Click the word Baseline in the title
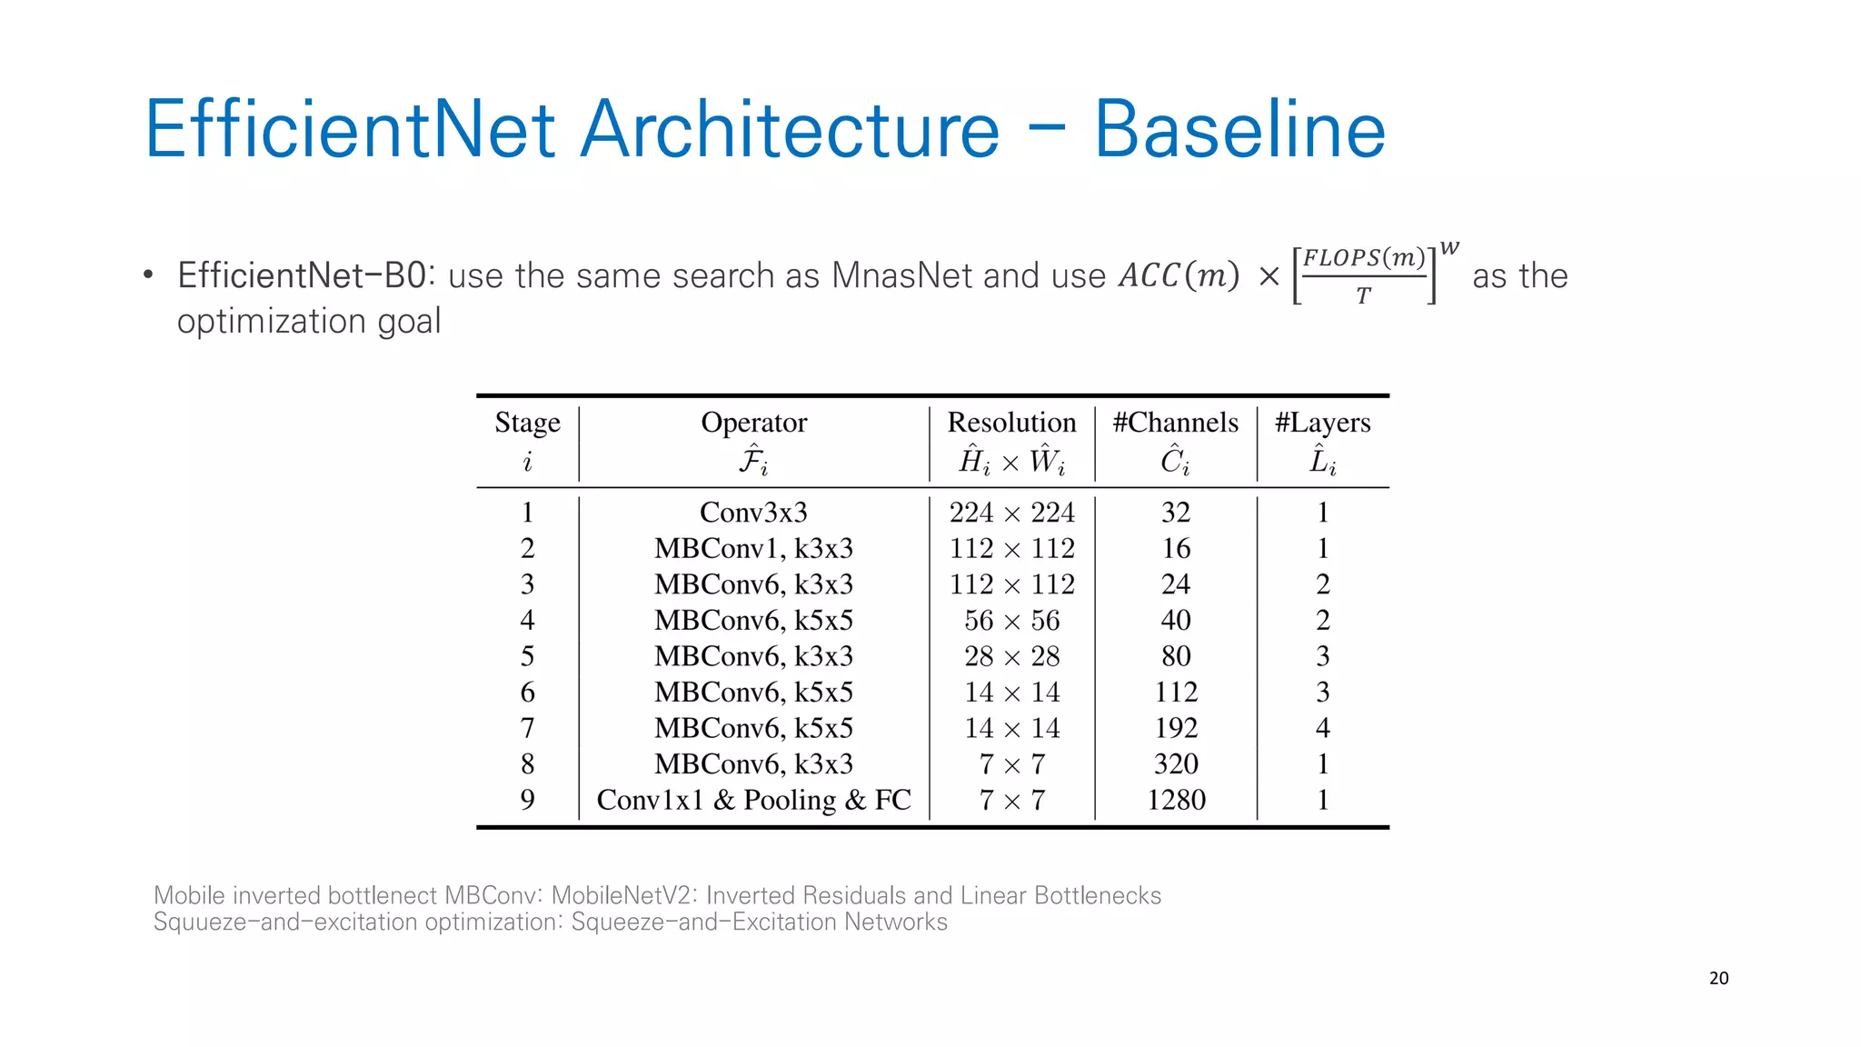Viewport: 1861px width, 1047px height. click(1239, 130)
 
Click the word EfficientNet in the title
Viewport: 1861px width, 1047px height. click(350, 130)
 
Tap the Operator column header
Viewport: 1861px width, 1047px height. click(753, 423)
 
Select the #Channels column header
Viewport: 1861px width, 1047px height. click(1175, 423)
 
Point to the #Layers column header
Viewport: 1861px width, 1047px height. click(1322, 423)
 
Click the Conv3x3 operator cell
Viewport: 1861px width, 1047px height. click(753, 513)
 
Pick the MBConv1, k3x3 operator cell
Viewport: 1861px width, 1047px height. click(753, 548)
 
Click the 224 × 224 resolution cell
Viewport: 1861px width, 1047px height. click(1011, 513)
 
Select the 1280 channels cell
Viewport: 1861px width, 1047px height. click(1176, 800)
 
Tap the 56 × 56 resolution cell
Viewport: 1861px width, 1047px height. click(1011, 620)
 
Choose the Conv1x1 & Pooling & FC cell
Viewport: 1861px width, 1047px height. click(753, 800)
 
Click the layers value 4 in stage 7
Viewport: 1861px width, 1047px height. click(1322, 728)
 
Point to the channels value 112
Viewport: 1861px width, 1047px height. click(1176, 693)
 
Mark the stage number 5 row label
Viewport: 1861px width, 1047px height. click(527, 656)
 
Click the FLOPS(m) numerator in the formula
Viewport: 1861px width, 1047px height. click(1363, 258)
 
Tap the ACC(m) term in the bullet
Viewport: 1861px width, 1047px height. click(1179, 275)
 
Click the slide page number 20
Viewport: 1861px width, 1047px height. click(1718, 978)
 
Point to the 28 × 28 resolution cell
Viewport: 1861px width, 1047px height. click(1011, 656)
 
